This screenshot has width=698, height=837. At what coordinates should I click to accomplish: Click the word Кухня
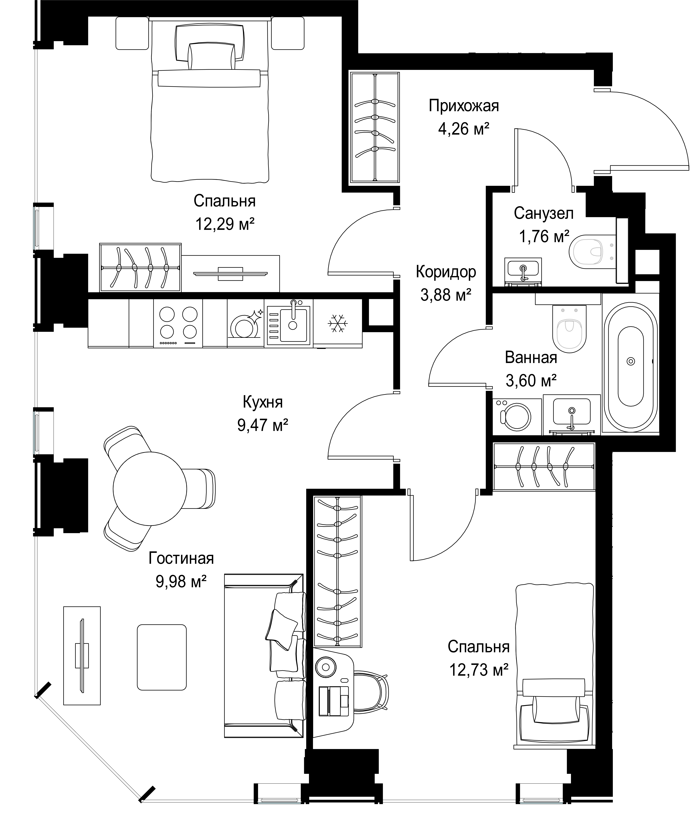(263, 402)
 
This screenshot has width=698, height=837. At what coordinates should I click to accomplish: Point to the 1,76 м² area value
(544, 237)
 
